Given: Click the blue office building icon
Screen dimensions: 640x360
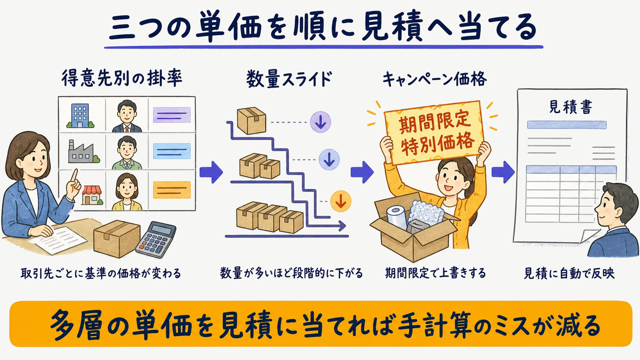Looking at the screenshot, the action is click(80, 116).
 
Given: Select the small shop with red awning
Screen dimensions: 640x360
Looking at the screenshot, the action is click(92, 195).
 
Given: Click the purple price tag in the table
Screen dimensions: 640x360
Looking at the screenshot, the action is click(172, 115).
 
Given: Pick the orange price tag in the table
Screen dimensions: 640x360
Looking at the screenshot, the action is click(172, 190).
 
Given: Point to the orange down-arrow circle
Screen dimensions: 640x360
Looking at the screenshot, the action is click(341, 201).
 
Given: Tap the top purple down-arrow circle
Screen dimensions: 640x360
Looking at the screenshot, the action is click(320, 122).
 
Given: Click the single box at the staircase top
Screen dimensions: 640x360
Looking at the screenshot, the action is click(251, 121).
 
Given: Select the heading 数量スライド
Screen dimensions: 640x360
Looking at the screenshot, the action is click(289, 79).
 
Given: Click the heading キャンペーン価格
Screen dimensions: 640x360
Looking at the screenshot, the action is click(434, 79).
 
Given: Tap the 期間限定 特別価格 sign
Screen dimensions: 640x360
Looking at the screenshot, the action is click(433, 132).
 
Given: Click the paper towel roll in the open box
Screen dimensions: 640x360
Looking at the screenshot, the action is click(397, 217).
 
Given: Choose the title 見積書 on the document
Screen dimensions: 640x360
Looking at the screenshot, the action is click(571, 107).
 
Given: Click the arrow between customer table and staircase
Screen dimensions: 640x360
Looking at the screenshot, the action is click(211, 172).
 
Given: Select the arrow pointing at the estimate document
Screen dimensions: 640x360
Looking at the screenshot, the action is click(503, 172).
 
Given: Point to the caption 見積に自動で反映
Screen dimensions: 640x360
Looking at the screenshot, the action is click(569, 273).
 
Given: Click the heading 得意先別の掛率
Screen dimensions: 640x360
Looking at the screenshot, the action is click(122, 78).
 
